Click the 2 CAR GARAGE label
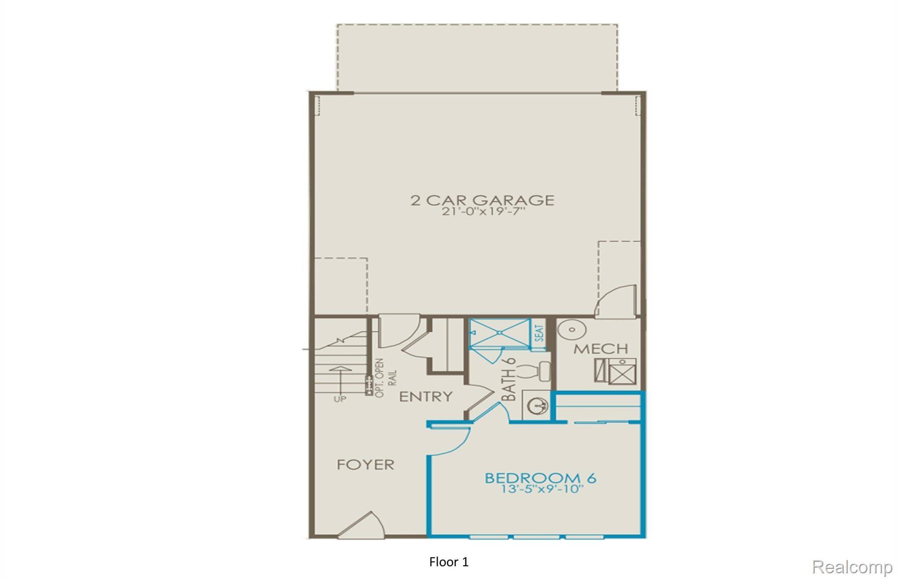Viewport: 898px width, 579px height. pyautogui.click(x=482, y=200)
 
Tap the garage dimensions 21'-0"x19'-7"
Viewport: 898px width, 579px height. pyautogui.click(x=482, y=212)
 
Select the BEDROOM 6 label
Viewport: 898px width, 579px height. pyautogui.click(x=540, y=477)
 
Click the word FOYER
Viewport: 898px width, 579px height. pyautogui.click(x=366, y=465)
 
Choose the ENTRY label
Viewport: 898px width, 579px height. pyautogui.click(x=426, y=397)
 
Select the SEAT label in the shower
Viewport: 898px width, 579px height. pyautogui.click(x=539, y=333)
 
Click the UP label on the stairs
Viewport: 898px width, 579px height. pyautogui.click(x=340, y=399)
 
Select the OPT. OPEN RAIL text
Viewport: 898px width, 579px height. pyautogui.click(x=386, y=378)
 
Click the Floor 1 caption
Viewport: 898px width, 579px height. pyautogui.click(x=449, y=562)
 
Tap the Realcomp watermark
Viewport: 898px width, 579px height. pyautogui.click(x=852, y=567)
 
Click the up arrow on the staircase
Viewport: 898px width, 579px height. pyautogui.click(x=340, y=379)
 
